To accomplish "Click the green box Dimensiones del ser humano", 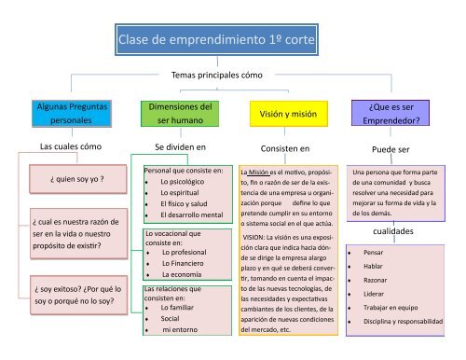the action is coord(175,114).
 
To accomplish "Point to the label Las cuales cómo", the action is coord(64,146).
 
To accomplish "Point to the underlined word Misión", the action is coord(259,173).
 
